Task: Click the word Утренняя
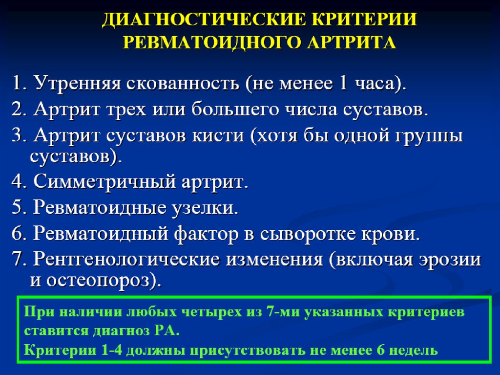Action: pos(78,84)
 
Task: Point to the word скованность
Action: pos(183,84)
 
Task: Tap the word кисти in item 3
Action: pos(218,136)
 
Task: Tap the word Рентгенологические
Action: pos(126,259)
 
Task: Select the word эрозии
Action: pos(449,260)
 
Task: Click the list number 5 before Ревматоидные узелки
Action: pos(17,207)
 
